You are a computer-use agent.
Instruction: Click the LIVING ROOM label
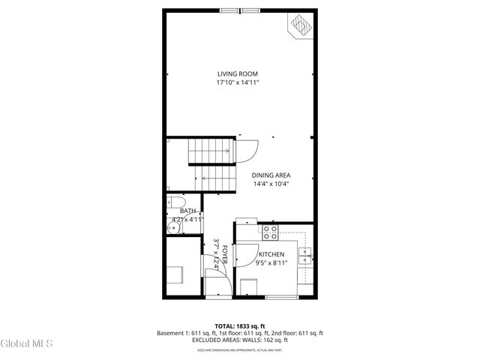tap(238, 73)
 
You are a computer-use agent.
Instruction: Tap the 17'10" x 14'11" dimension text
tap(238, 82)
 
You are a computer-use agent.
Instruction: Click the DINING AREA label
tap(271, 175)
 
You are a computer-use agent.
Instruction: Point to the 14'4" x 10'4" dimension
tap(271, 184)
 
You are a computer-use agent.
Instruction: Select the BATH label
tap(187, 211)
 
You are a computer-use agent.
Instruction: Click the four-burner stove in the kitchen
tap(269, 232)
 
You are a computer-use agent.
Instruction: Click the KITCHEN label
tap(271, 255)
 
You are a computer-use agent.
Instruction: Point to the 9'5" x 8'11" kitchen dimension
tap(271, 264)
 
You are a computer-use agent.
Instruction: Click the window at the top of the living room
tap(239, 10)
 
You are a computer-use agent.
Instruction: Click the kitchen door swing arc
tap(247, 254)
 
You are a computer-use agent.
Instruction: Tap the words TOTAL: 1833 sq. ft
tap(239, 325)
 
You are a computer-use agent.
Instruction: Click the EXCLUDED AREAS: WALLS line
tap(239, 341)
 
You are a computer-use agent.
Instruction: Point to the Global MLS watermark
tap(27, 344)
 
